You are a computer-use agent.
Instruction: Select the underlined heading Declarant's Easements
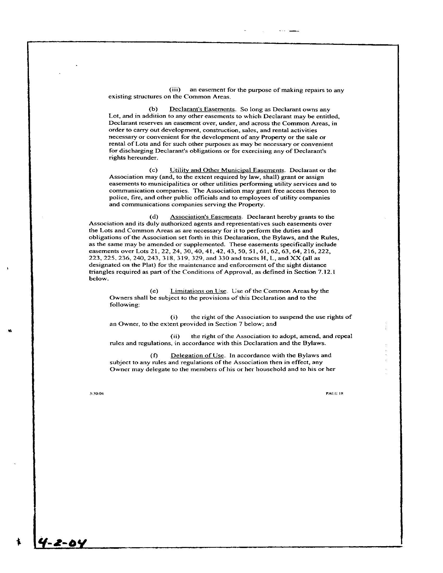(x=202, y=109)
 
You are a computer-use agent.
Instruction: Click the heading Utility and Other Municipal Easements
(x=227, y=170)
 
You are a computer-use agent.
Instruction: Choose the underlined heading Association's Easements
(x=206, y=217)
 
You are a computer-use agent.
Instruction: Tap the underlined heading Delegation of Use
(x=197, y=356)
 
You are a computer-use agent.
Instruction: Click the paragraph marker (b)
(x=153, y=109)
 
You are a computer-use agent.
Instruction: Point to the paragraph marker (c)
(x=153, y=170)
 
